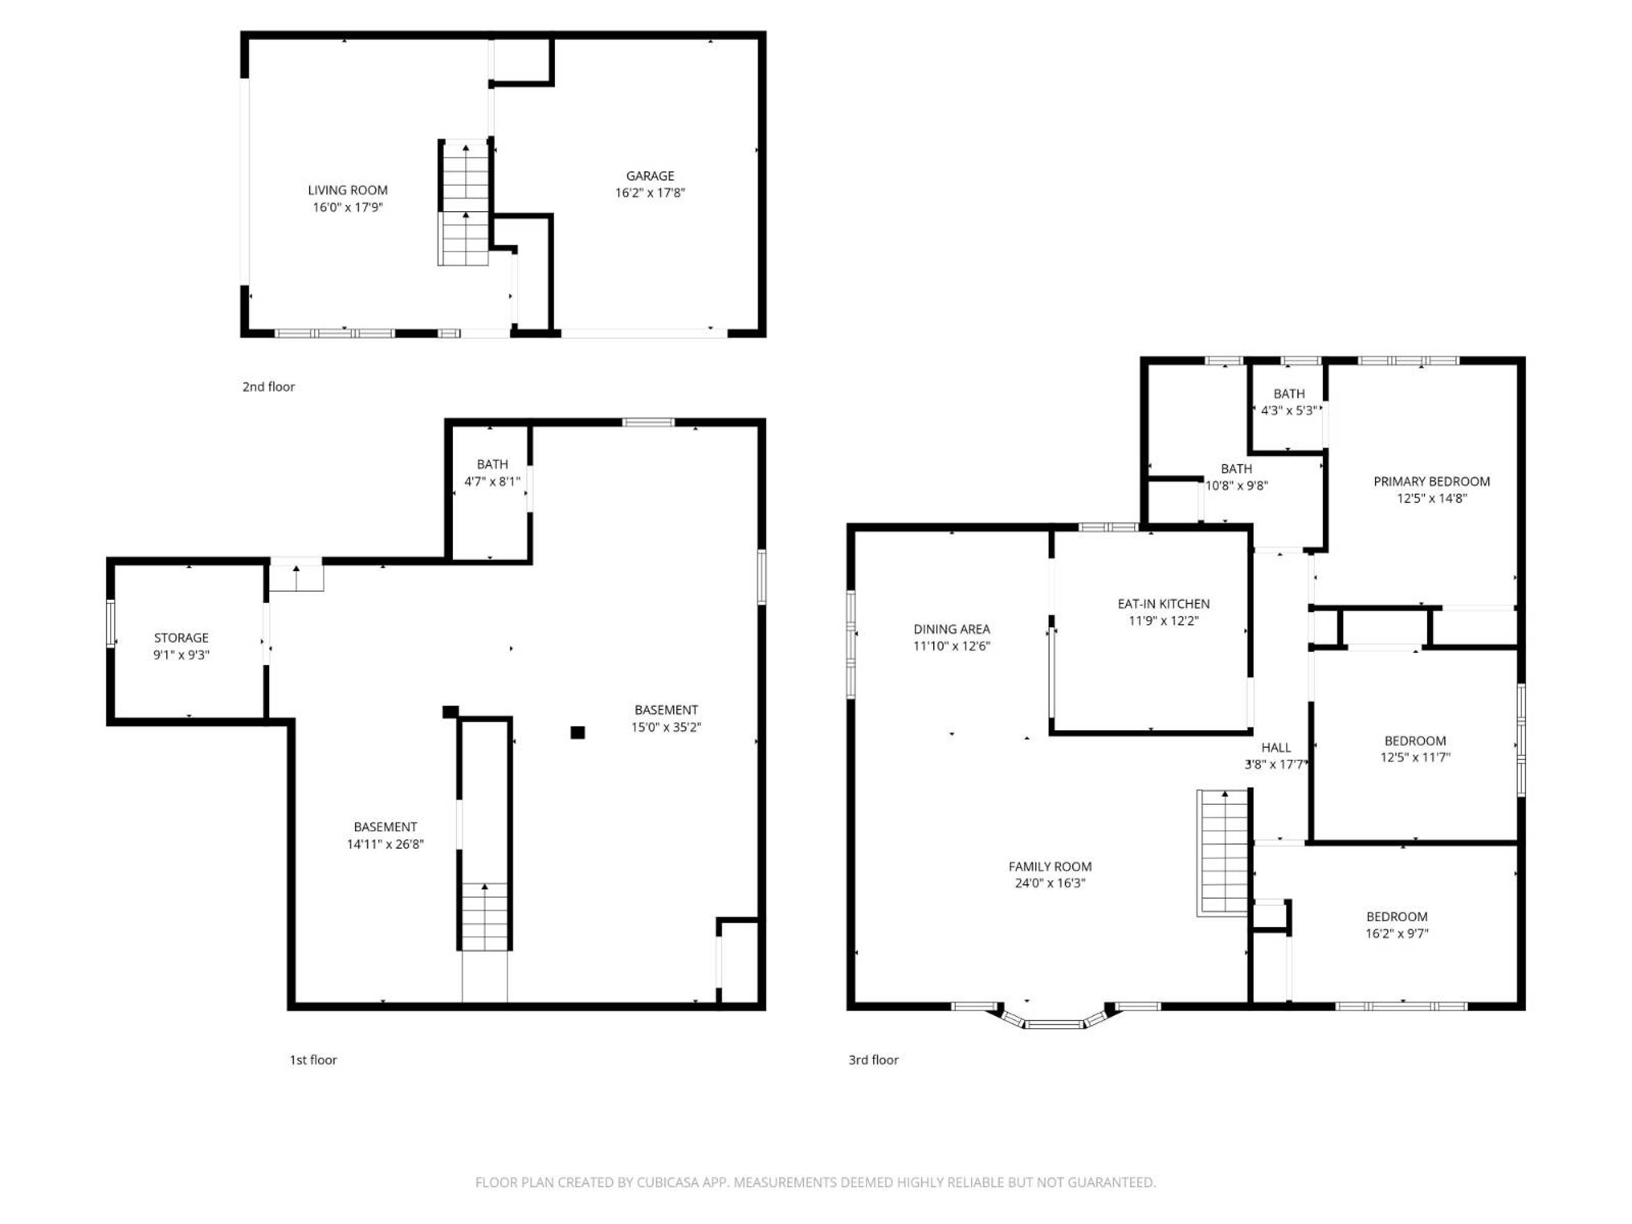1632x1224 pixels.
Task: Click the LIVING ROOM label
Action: coord(348,190)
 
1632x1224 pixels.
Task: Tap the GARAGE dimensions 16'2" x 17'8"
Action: coord(650,193)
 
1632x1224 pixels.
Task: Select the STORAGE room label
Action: coord(182,638)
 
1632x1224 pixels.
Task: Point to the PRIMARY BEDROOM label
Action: coord(1431,482)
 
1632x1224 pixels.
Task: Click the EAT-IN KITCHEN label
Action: coord(1163,604)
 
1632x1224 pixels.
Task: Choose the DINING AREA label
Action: coord(952,629)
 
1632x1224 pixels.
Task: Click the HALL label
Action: coord(1276,748)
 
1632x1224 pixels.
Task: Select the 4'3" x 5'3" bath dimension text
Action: coord(1288,411)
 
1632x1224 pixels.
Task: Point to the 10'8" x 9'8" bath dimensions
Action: coord(1237,486)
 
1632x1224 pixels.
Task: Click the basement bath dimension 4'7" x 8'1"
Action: coord(492,482)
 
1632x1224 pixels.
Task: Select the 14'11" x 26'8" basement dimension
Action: coord(385,844)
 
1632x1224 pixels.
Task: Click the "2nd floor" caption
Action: coord(269,387)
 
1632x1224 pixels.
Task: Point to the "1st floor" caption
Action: coord(313,1060)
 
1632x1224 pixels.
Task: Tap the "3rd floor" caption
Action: coord(874,1060)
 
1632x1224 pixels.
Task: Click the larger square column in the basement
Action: coord(578,733)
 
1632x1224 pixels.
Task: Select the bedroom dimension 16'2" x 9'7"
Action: coord(1396,934)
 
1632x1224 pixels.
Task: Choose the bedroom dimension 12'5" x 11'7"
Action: coord(1415,758)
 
